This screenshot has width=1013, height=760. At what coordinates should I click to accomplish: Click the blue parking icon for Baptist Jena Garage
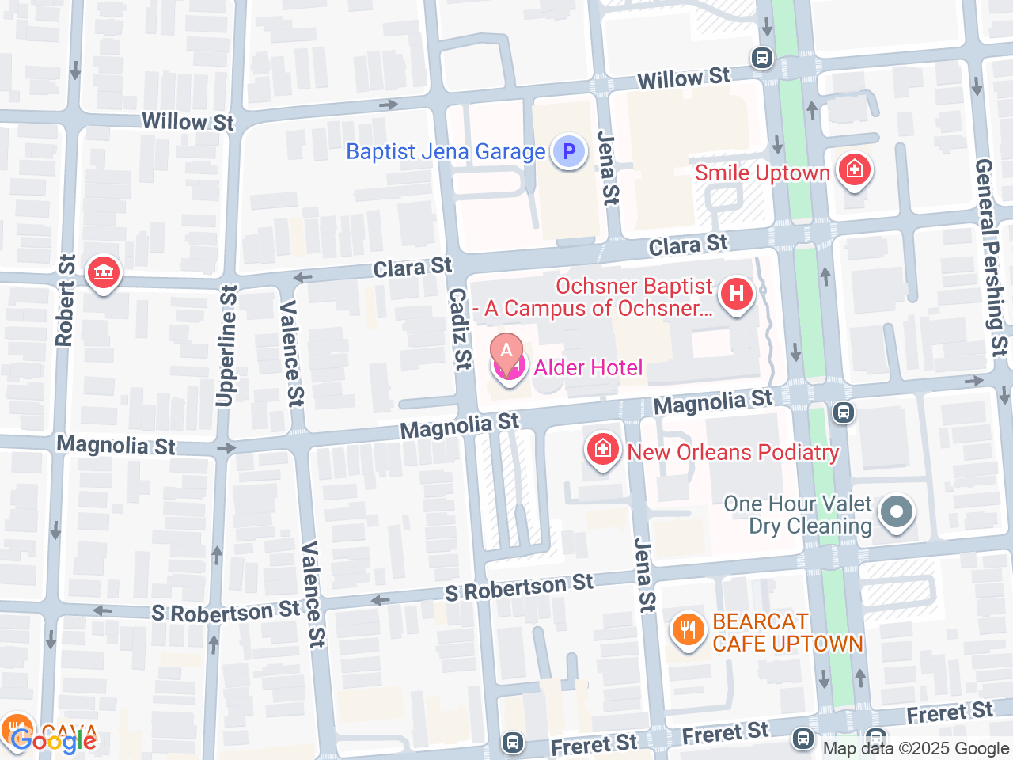coord(568,151)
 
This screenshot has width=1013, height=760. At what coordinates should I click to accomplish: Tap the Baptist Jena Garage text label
coord(446,151)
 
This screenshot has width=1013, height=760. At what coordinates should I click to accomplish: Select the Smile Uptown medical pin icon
coord(854,169)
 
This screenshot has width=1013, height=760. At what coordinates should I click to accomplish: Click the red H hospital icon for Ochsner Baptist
coord(736,294)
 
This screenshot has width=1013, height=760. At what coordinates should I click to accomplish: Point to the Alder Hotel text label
coord(588,367)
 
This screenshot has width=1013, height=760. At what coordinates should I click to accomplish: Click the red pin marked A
coord(506,351)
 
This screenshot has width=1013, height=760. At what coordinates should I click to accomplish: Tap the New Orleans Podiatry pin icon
coord(602,450)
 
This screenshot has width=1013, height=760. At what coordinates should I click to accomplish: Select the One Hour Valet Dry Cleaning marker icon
coord(896,511)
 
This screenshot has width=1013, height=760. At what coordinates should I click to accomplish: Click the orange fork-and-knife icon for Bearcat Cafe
coord(688,630)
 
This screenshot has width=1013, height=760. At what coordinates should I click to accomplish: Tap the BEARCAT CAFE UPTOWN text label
coord(787,633)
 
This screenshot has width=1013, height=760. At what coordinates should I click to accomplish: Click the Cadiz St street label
coord(460,329)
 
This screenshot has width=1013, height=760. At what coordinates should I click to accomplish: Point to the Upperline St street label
coord(227,346)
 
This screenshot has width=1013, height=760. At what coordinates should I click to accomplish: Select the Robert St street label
coord(65,301)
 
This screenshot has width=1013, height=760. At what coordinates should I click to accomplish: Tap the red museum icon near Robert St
coord(103,273)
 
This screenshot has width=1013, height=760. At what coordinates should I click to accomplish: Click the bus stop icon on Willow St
coord(761,58)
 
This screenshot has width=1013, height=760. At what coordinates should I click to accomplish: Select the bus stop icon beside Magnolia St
coord(844,412)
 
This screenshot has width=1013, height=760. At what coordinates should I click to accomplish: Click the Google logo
coord(54,741)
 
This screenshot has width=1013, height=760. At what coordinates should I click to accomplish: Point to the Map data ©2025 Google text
coord(916,748)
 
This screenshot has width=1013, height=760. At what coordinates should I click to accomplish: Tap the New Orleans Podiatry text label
coord(733,452)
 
